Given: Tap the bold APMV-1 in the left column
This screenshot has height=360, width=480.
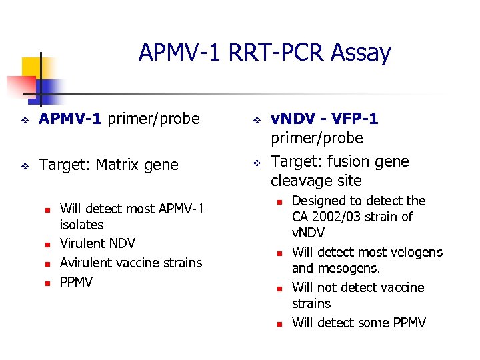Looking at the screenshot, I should (71, 119).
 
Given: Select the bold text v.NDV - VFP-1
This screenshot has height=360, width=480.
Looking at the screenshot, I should (324, 119).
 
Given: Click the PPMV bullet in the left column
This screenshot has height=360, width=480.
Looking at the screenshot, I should (76, 282).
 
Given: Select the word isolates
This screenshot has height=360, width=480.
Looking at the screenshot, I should (81, 225).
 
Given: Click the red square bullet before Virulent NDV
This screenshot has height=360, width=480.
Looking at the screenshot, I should (47, 245).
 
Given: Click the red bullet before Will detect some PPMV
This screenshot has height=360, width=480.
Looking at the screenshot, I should (280, 324).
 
